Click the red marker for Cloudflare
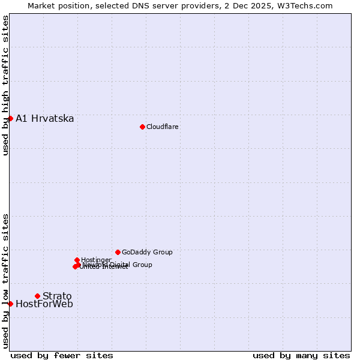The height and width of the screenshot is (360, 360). [x=142, y=127]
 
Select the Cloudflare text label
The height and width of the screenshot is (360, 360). [x=162, y=127]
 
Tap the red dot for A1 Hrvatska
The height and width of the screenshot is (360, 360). [x=10, y=118]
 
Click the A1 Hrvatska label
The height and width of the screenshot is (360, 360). [x=45, y=118]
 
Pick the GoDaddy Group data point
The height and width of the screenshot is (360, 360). [x=118, y=252]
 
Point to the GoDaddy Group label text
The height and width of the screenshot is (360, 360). [x=147, y=252]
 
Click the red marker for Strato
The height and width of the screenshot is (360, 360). [x=37, y=296]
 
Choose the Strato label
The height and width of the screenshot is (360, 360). [x=57, y=296]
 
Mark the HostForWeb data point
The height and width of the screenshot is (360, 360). [x=10, y=304]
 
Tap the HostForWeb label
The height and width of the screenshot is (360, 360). [x=44, y=304]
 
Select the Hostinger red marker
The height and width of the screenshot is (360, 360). [x=77, y=260]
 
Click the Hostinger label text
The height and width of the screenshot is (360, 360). [x=96, y=260]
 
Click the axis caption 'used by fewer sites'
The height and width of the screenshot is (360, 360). [x=62, y=355]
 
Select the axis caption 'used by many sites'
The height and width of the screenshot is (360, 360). [x=301, y=355]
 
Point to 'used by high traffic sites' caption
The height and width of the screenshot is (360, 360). [x=5, y=85]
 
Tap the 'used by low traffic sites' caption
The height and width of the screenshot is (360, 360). [x=5, y=281]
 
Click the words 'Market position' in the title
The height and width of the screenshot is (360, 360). [x=56, y=5]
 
